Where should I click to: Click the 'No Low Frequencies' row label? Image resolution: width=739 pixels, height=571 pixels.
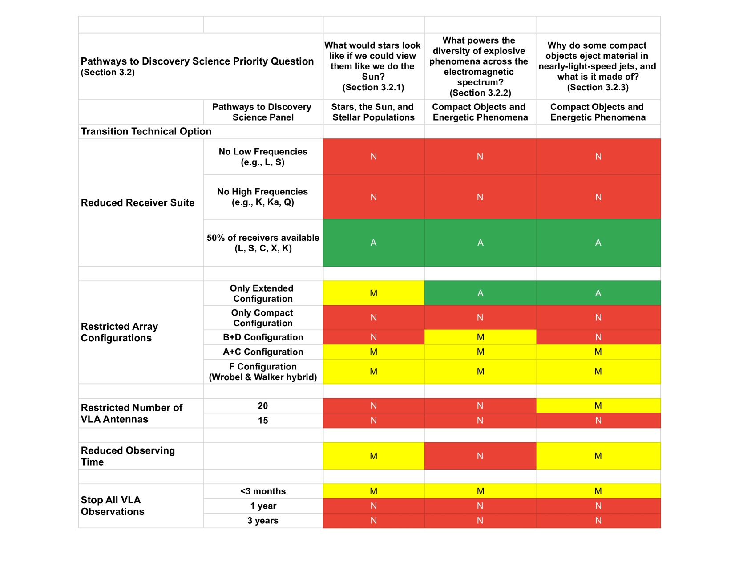pos(263,157)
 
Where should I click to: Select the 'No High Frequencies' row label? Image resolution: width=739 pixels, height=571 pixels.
pos(263,197)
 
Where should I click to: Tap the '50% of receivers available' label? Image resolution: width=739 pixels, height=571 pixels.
pos(263,243)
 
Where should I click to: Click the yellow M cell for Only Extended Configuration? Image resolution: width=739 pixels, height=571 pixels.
pos(373,293)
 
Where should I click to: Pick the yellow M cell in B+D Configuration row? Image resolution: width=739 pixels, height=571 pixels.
pos(480,337)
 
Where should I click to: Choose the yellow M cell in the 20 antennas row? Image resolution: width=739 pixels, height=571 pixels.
pos(598,406)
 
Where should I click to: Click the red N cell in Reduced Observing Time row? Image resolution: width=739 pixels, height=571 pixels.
pos(480,456)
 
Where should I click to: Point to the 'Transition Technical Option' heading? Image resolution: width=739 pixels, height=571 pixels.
pos(146,131)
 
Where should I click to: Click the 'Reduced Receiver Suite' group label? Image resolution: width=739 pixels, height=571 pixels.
pos(138,203)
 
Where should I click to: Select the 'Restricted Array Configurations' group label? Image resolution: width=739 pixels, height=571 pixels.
pos(120,332)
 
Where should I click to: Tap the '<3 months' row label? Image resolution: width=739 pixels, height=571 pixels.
pos(263,491)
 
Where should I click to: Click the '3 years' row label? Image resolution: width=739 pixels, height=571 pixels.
pos(263,521)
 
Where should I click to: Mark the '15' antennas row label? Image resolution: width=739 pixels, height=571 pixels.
pos(263,421)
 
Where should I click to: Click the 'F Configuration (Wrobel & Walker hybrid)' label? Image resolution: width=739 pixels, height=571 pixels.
pos(263,372)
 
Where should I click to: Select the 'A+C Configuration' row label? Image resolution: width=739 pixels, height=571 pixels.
pos(263,352)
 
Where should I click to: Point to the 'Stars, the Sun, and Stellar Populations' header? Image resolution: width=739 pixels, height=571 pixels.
pos(373,112)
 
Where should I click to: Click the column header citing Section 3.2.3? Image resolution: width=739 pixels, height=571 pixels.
pos(598,66)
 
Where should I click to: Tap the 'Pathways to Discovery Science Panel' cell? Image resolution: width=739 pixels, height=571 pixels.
pos(262,112)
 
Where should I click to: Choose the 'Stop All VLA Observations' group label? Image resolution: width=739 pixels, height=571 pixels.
pos(113,506)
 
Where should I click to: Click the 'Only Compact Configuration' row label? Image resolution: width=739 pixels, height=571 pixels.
pos(263,318)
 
